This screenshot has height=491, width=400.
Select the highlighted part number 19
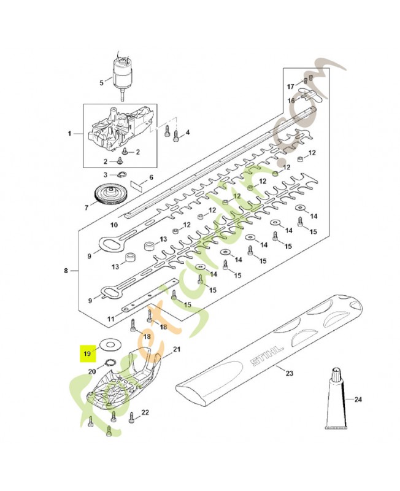[88, 354]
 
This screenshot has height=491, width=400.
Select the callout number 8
[66, 270]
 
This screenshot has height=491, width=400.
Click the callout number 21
[177, 349]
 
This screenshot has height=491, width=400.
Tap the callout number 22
[145, 412]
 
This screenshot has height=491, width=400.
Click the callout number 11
[110, 319]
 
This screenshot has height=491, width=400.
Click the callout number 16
[292, 99]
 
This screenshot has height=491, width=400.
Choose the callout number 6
[151, 177]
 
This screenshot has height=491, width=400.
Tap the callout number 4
[188, 133]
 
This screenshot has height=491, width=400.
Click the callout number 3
[105, 175]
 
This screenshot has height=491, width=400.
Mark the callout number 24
[358, 400]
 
